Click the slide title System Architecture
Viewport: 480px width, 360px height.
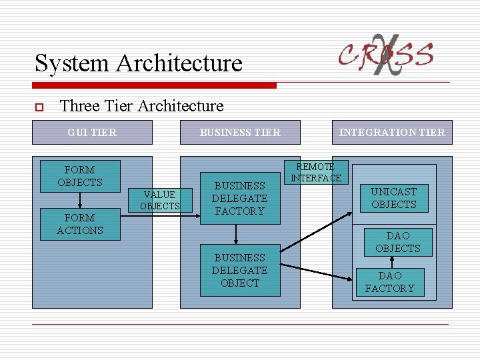click(139, 63)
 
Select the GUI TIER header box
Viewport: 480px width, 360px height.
click(92, 132)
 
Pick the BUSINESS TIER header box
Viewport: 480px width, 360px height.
click(240, 132)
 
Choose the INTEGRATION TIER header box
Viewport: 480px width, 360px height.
click(392, 132)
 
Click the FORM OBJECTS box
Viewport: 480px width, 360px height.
click(80, 176)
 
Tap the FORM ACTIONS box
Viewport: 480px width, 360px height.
click(80, 224)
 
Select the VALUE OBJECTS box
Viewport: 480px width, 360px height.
click(160, 200)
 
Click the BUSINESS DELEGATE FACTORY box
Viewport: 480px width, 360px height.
click(240, 198)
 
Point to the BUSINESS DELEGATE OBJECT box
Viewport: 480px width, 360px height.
click(240, 270)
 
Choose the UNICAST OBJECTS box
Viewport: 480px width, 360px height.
click(393, 198)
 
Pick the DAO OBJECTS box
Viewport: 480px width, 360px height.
click(398, 242)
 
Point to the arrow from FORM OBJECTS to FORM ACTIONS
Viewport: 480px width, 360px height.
click(80, 199)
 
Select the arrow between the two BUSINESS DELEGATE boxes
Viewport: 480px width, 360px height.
click(236, 235)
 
